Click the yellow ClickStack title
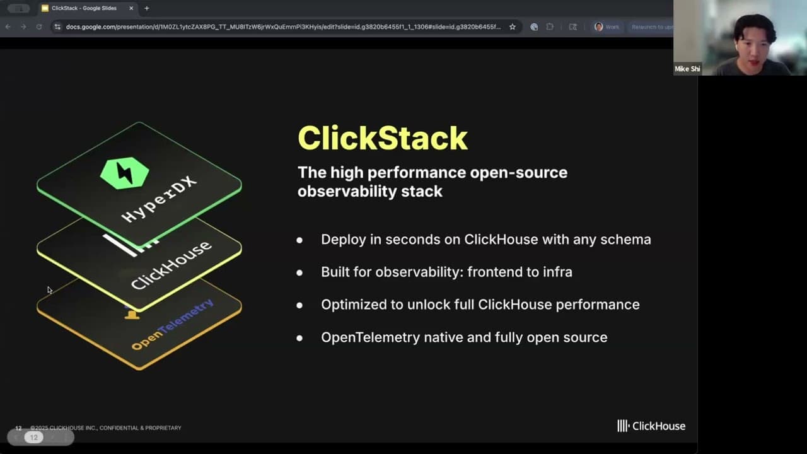(382, 138)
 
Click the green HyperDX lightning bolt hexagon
(125, 173)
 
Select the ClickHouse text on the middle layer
(171, 265)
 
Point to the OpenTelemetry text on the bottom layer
(172, 325)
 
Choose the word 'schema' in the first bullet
(626, 240)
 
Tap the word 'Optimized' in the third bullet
(354, 305)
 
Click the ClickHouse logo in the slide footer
(651, 426)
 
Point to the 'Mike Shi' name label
(687, 69)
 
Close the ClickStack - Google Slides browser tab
(131, 8)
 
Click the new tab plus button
(147, 8)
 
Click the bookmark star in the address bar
(513, 27)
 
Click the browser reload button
(39, 27)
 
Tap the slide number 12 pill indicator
(34, 437)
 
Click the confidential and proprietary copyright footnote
(106, 428)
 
